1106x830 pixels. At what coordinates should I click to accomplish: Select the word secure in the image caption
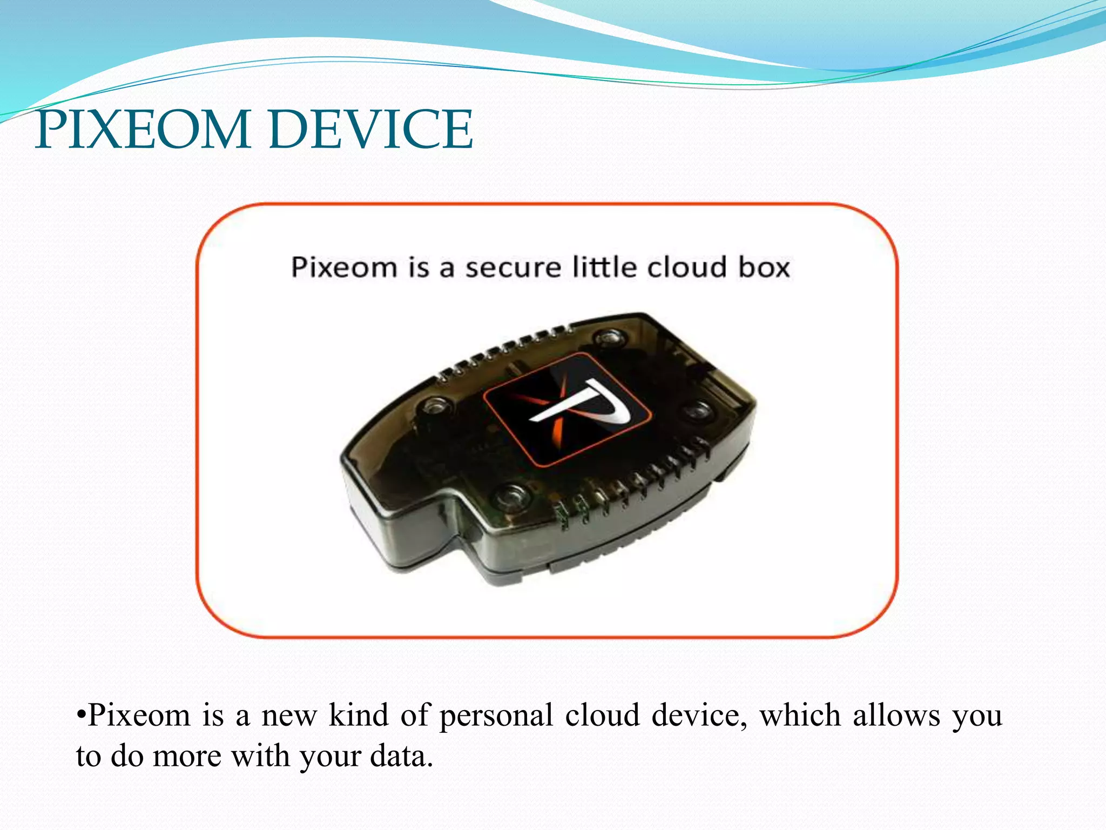point(513,268)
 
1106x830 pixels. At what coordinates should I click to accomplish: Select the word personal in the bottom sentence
point(496,717)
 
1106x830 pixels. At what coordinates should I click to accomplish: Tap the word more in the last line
point(187,756)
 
